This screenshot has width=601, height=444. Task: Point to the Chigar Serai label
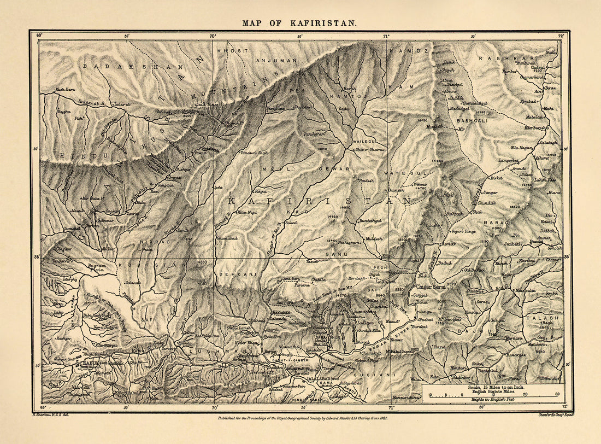[432, 285]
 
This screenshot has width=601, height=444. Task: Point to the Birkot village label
[495, 178]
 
